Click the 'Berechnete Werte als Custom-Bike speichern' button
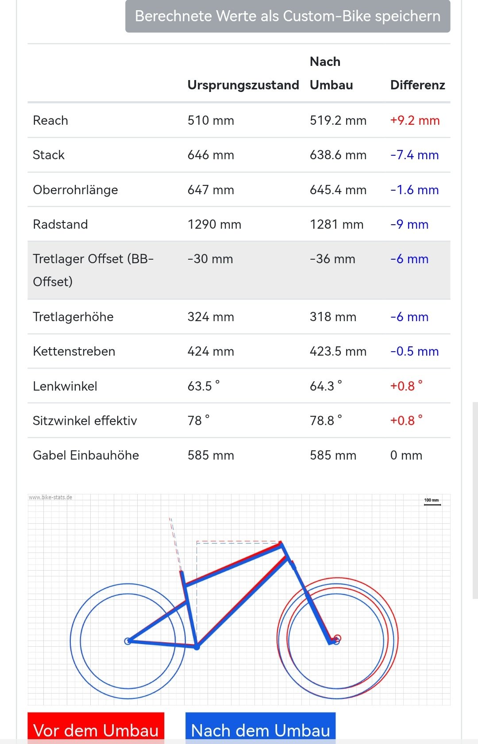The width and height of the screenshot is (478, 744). tap(288, 16)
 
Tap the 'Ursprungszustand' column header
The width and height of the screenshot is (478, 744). tap(243, 85)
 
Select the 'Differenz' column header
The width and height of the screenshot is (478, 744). tap(417, 85)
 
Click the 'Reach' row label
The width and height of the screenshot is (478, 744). tap(50, 120)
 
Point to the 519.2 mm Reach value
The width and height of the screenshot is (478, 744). tap(338, 120)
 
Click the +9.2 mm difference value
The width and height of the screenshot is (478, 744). tap(415, 120)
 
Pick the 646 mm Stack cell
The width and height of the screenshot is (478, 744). tap(211, 155)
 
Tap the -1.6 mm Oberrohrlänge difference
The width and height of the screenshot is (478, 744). tap(414, 190)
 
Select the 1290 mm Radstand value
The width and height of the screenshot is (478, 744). tap(214, 224)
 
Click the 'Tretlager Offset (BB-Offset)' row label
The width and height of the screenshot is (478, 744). tap(93, 270)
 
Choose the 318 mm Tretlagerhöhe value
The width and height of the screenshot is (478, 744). tap(333, 317)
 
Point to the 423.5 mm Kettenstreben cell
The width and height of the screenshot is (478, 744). tap(338, 351)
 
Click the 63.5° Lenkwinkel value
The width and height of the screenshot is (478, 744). tap(203, 386)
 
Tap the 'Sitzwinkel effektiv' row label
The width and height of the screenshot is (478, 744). tap(85, 421)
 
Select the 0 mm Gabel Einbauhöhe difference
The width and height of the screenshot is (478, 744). tap(406, 455)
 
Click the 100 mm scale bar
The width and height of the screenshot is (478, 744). tap(432, 502)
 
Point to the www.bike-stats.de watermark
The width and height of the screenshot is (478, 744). tap(50, 497)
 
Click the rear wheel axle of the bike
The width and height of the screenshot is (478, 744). tap(127, 641)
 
